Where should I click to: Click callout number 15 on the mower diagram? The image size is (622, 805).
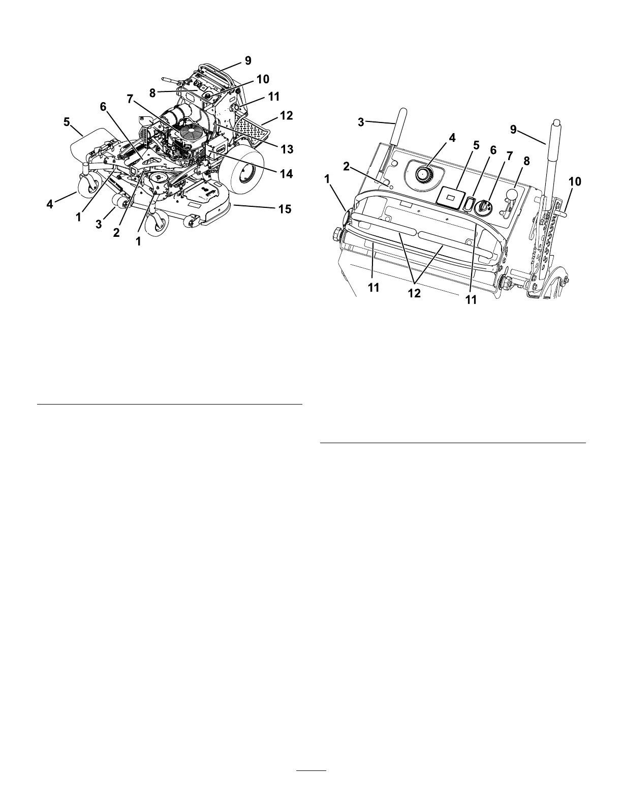[285, 208]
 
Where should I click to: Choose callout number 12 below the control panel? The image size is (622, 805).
[414, 293]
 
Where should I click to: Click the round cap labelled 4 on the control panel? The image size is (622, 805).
[423, 174]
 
